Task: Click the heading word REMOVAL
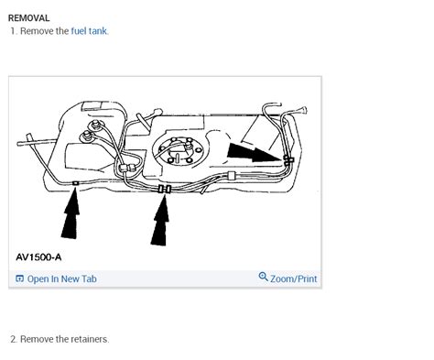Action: coord(28,17)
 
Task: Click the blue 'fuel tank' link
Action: coord(89,31)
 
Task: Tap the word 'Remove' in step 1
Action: coord(38,31)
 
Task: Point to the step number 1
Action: coord(13,31)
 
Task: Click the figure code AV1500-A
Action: coord(38,257)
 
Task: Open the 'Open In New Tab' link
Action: coord(61,278)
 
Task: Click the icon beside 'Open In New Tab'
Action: coord(20,278)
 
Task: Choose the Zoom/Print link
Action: coord(293,278)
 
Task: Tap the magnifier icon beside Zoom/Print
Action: coord(264,278)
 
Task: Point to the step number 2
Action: coord(14,339)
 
